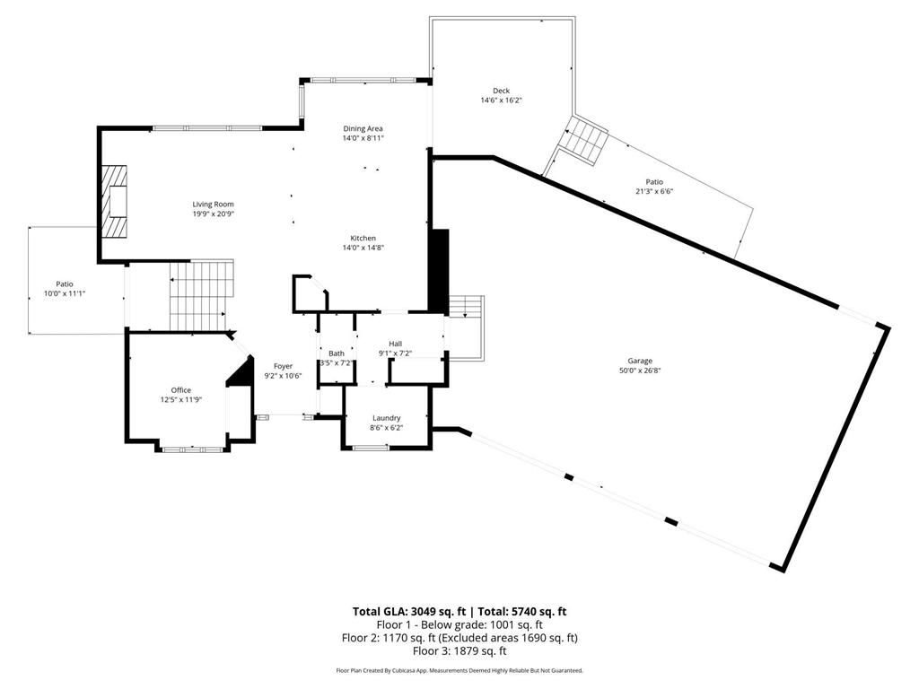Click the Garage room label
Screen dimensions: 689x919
click(634, 361)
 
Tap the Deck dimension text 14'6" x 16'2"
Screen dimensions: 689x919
click(501, 100)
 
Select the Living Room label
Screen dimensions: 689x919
click(213, 205)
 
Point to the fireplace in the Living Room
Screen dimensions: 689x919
click(114, 202)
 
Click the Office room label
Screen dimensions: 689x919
click(181, 389)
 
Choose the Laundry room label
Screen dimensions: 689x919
click(386, 418)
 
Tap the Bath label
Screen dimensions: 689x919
click(337, 353)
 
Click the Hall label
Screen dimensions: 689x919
click(395, 344)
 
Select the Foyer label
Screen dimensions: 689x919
click(283, 366)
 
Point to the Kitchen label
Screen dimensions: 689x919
click(363, 238)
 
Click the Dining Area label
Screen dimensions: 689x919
click(363, 128)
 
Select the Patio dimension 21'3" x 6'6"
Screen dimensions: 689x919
click(653, 191)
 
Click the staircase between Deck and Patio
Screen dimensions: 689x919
click(585, 141)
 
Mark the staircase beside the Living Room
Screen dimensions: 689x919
click(200, 295)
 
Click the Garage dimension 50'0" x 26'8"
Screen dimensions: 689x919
click(634, 371)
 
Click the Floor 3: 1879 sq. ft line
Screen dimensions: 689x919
click(459, 650)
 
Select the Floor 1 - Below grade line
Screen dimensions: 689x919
click(459, 624)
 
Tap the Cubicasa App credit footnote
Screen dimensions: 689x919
click(459, 670)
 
